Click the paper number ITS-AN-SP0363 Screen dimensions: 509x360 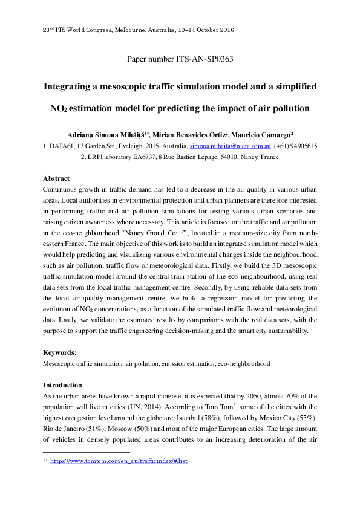(180, 59)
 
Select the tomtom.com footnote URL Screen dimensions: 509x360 (119, 461)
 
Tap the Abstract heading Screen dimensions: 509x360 (56, 179)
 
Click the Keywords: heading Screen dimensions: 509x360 (60, 352)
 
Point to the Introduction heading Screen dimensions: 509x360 (62, 385)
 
